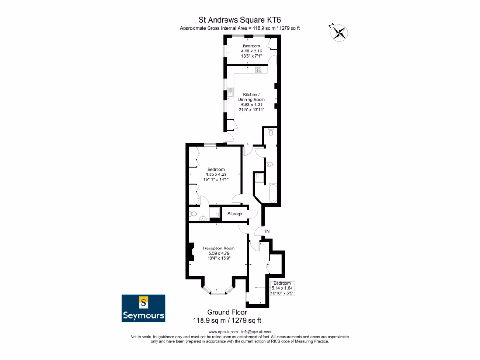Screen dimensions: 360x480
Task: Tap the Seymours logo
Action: click(143, 308)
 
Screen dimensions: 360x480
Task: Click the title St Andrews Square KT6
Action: click(240, 19)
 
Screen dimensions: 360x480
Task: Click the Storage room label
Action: click(235, 214)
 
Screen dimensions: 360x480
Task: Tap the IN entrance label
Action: click(267, 232)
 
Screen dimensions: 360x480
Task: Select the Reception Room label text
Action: click(219, 248)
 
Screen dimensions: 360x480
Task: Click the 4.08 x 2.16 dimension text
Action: click(251, 51)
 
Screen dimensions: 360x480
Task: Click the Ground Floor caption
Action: click(227, 312)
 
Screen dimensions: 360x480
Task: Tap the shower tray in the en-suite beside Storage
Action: click(215, 213)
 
